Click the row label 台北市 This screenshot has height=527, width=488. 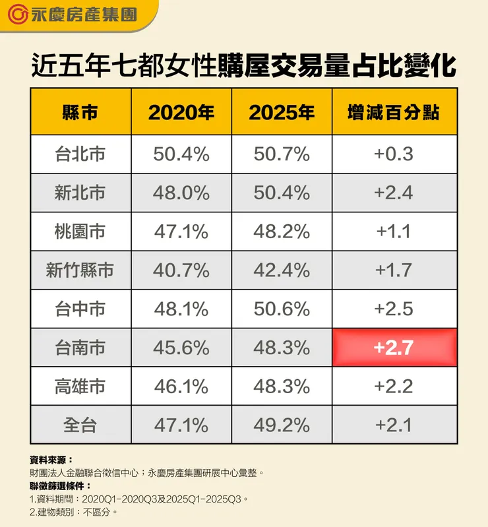[80, 154]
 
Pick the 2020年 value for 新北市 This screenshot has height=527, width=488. [181, 193]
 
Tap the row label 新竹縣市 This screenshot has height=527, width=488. [80, 270]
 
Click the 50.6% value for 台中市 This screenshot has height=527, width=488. [282, 309]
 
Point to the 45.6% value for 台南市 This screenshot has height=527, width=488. [181, 347]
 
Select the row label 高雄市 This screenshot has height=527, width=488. [80, 386]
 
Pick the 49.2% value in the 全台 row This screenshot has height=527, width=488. [282, 425]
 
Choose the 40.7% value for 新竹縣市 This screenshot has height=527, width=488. [181, 270]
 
